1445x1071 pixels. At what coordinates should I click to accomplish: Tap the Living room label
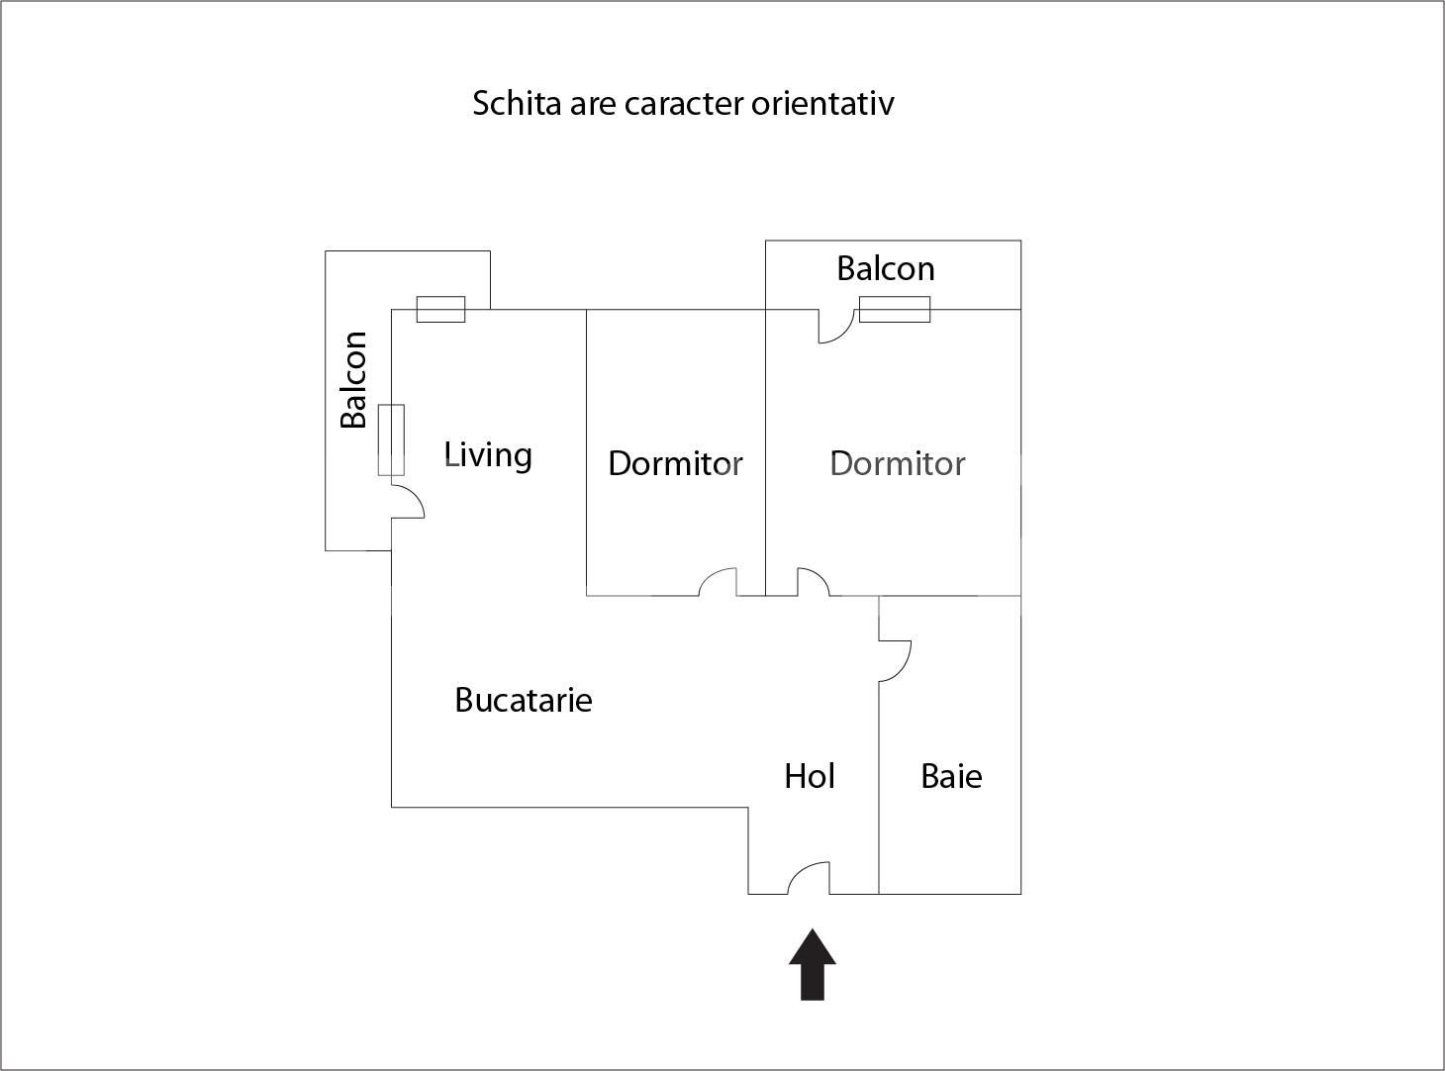point(488,454)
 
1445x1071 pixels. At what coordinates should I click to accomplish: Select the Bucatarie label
point(523,700)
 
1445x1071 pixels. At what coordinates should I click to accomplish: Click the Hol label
point(809,776)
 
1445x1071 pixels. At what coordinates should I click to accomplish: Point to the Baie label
point(951,776)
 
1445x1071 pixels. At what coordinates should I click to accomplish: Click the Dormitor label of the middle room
point(675,463)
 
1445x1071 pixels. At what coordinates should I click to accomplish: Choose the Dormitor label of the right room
point(897,463)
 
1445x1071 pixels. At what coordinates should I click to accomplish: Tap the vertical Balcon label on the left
point(353,379)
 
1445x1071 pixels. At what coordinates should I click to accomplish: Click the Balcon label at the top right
point(885,268)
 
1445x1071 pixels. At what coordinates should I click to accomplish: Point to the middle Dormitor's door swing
point(719,582)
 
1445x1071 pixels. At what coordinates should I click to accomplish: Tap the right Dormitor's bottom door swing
point(813,582)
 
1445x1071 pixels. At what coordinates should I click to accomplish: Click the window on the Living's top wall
point(440,309)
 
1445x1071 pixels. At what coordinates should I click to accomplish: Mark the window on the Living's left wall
point(391,439)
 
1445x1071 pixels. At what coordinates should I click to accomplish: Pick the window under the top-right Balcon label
point(894,309)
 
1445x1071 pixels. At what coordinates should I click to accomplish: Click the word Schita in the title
point(517,103)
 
